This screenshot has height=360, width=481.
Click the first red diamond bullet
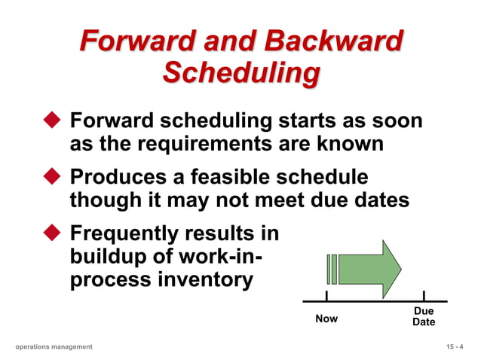(x=51, y=121)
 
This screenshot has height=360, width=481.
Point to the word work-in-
(x=219, y=257)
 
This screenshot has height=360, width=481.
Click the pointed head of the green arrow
(x=391, y=269)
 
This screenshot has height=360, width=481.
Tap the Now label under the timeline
(x=326, y=319)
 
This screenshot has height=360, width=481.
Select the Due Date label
(x=424, y=316)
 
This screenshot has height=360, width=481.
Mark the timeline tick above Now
(x=326, y=296)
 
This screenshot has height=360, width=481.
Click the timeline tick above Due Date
(x=424, y=296)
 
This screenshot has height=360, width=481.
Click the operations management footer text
(x=54, y=346)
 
